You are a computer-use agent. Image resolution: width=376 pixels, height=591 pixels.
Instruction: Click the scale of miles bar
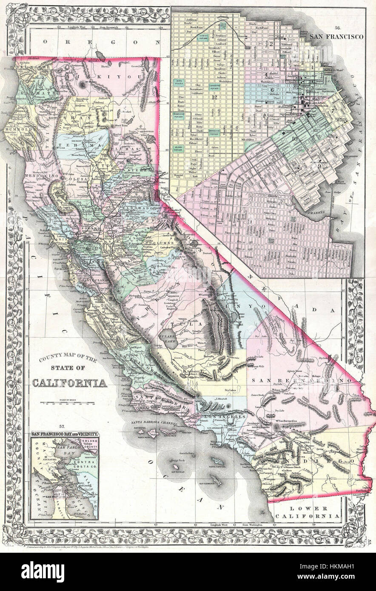pyautogui.click(x=70, y=402)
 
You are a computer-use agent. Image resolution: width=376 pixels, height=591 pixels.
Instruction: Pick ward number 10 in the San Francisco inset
pyautogui.click(x=294, y=139)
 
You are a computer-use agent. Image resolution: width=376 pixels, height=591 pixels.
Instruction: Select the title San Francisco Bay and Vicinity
pyautogui.click(x=65, y=434)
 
